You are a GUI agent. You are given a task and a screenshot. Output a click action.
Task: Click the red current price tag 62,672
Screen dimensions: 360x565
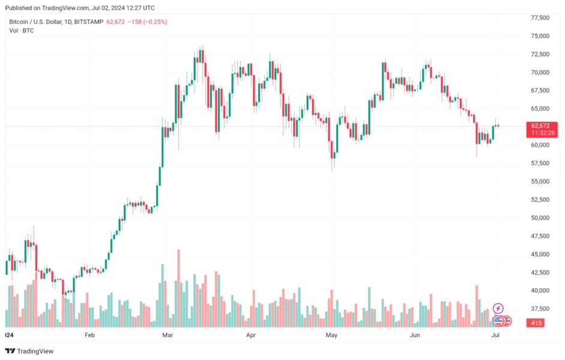tap(540, 125)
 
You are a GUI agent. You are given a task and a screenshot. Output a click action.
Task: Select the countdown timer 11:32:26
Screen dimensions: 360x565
tap(540, 133)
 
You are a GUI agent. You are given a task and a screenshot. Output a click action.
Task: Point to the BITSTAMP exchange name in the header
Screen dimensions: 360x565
tap(88, 22)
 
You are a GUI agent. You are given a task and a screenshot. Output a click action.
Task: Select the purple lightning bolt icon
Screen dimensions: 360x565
tap(498, 308)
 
